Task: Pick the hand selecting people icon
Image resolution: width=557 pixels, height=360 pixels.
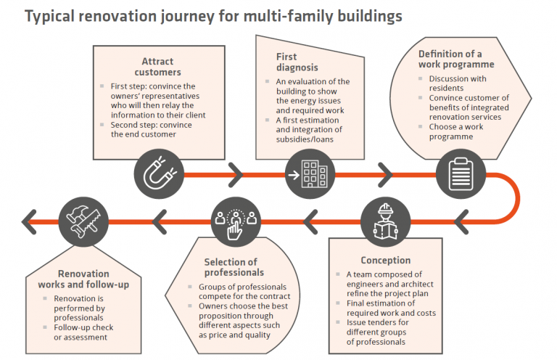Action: click(x=233, y=217)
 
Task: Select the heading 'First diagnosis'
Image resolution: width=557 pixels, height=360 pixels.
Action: click(x=286, y=62)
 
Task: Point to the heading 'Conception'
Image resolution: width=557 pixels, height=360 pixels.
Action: click(x=385, y=260)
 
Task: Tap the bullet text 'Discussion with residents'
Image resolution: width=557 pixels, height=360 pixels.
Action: click(x=457, y=83)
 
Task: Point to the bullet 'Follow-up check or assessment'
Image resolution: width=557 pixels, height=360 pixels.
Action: click(x=84, y=332)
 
